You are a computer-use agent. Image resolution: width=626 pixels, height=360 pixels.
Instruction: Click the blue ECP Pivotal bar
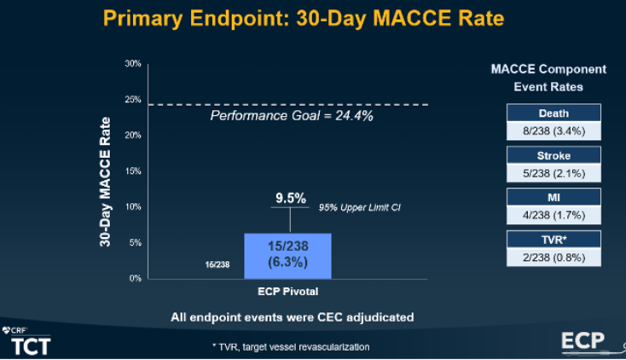pos(287,255)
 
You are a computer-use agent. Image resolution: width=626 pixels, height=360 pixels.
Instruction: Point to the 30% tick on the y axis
pos(133,64)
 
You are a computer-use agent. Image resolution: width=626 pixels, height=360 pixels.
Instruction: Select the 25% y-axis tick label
pos(133,100)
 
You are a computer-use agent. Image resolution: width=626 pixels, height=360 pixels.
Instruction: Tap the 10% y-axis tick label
pos(133,207)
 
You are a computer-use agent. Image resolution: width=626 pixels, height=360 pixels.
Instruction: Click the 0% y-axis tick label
pos(135,279)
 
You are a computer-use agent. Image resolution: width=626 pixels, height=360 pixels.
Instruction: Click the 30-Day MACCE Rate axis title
pos(106,171)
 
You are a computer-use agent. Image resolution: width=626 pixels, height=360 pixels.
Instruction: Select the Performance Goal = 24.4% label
pos(292,115)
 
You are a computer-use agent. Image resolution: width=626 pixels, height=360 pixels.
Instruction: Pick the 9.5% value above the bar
pos(290,198)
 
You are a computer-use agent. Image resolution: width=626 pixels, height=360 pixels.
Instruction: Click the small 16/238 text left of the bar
pos(217,265)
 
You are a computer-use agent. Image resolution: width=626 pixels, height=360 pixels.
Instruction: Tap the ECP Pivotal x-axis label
pos(287,291)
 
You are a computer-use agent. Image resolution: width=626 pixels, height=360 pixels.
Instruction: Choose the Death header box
pos(554,113)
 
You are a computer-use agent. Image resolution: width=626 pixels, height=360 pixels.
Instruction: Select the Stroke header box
pos(554,155)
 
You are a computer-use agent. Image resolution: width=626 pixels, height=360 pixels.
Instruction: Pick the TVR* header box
pos(554,240)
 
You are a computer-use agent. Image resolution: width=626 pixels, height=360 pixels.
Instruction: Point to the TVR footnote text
pos(290,346)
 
